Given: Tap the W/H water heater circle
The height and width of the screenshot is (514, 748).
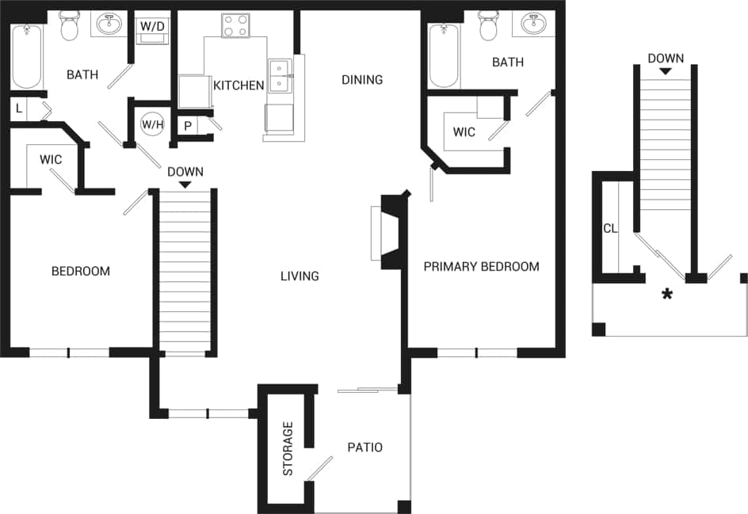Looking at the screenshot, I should coord(151,124).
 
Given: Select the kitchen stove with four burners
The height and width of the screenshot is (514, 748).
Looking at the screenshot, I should coord(235,25).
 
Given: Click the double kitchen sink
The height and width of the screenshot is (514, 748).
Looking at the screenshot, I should coord(279,76).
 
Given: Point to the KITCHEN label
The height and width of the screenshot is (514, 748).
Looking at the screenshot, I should coord(239,85).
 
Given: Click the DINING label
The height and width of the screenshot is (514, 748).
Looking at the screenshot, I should coord(362,79).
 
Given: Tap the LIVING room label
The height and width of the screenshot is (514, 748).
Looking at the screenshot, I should coord(300,276).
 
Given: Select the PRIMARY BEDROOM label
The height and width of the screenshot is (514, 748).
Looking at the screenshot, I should coord(481,266).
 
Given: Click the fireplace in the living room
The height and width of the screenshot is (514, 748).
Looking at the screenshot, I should coord(388,233).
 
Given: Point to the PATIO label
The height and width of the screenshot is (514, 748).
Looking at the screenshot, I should coord(364,447).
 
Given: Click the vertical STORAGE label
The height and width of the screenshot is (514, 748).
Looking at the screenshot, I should coord(288,448).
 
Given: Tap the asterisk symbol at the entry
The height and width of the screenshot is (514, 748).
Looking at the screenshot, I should coord(667,295).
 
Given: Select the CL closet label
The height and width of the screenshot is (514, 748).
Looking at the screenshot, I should coord(609,229).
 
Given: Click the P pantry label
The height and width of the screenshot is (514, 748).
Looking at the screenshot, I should coord(188,126).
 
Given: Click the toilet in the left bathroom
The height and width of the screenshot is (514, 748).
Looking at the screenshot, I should coord(70,26).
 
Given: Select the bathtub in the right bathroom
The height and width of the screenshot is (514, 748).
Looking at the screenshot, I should coord(444,55).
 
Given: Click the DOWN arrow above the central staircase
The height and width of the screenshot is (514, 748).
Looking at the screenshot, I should coord(185,185).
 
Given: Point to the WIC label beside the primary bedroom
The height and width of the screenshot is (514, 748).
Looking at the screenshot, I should coord(464,131).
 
